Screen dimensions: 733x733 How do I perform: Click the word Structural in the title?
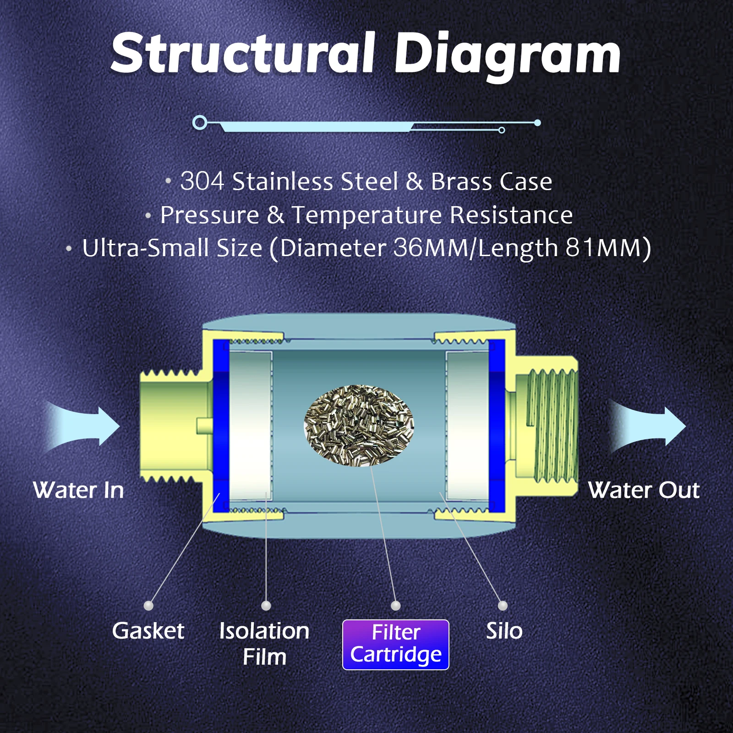[243, 54]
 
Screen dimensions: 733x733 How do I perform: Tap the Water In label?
[78, 490]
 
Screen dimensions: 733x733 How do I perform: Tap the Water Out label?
[644, 490]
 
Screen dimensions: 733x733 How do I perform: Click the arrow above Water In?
[85, 427]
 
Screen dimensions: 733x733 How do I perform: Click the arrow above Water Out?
[648, 427]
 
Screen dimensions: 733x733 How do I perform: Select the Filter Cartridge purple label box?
[396, 644]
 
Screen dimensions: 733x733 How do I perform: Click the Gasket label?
[148, 631]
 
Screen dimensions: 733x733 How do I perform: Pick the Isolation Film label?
[264, 643]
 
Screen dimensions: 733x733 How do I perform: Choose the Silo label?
[504, 631]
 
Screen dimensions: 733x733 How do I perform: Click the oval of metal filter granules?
[359, 426]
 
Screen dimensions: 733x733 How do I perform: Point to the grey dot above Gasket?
[148, 606]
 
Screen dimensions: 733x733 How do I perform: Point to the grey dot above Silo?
[503, 606]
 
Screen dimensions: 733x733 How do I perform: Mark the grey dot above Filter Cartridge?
[396, 606]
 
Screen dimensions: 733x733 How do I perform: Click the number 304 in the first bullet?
[202, 181]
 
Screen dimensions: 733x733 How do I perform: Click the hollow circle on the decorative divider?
[200, 123]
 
